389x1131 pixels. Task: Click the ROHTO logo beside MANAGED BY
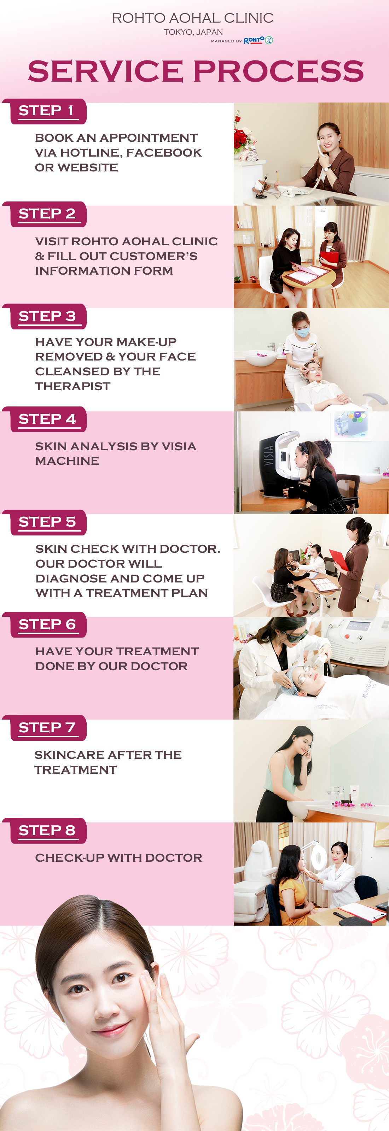(258, 40)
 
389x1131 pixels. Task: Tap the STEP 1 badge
(46, 111)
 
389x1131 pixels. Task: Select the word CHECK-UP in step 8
(70, 858)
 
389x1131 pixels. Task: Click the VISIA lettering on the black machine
(269, 456)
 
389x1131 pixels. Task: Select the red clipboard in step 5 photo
(339, 560)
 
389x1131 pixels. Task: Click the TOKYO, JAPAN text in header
(193, 33)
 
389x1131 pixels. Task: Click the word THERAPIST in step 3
(73, 386)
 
